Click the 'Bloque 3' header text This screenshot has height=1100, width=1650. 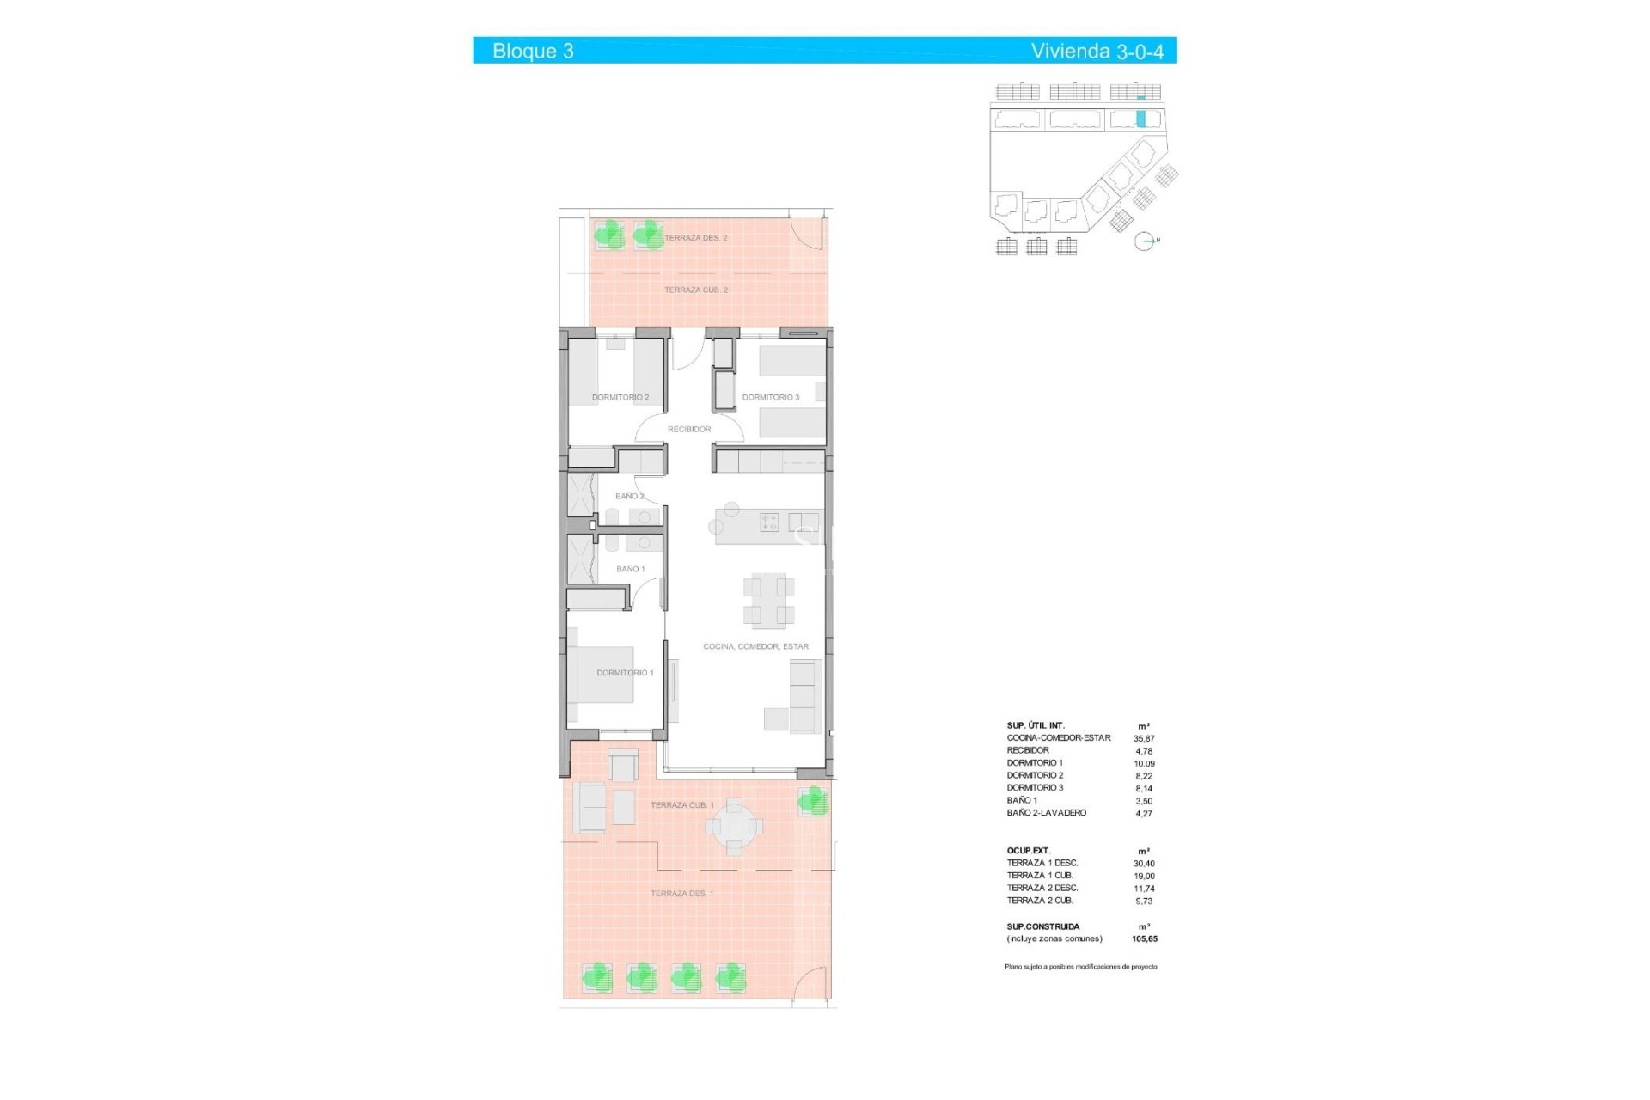coord(533,51)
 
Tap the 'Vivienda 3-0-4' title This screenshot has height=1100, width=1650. coord(1097,51)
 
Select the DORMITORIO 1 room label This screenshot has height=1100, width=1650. coord(625,673)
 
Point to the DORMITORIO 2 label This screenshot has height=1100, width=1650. coord(620,398)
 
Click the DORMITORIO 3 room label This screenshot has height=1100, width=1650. coord(771,398)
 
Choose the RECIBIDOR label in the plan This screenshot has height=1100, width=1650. coord(689,429)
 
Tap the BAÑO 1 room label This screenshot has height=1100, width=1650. coord(630,569)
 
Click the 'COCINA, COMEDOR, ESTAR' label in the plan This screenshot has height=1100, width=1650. coord(755,646)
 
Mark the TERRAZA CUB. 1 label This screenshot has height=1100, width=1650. coord(682,805)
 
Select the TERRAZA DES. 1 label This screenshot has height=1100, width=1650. coord(682,894)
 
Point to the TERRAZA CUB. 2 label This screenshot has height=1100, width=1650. coord(696,290)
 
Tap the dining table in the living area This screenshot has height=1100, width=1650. coord(768,599)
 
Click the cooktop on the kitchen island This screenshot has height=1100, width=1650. coord(769,522)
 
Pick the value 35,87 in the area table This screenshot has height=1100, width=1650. coord(1144,738)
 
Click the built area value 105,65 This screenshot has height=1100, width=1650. coord(1145,939)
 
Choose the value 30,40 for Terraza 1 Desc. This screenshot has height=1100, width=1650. coord(1144,864)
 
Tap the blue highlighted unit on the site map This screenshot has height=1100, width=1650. coord(1141,119)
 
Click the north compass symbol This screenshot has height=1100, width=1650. coord(1144,241)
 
